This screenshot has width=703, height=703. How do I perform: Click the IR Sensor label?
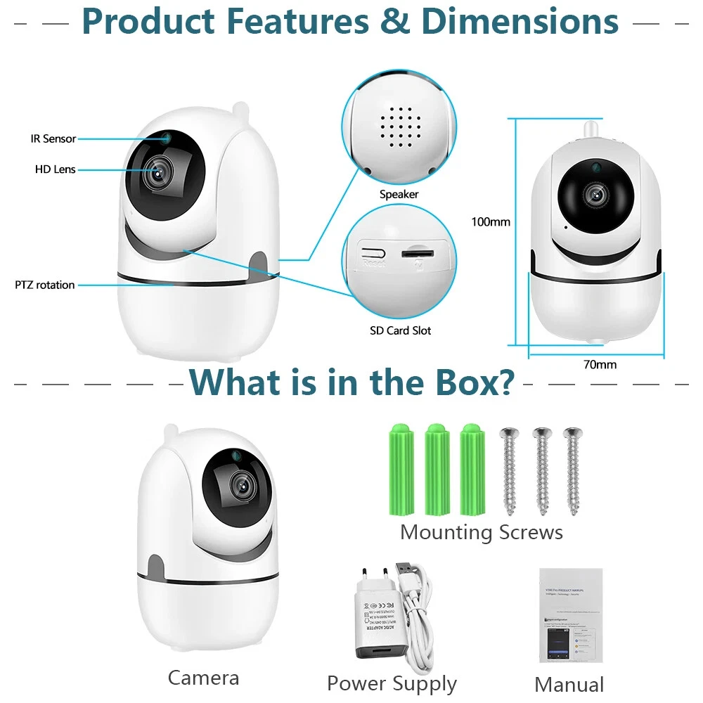[53, 138]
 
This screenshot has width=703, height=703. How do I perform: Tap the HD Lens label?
[55, 169]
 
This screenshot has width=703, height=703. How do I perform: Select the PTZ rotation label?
[45, 285]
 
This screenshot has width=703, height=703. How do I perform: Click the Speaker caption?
[399, 194]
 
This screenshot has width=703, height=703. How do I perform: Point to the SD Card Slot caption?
[400, 330]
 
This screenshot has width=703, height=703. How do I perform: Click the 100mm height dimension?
[491, 222]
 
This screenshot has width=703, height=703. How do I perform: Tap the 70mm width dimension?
[600, 364]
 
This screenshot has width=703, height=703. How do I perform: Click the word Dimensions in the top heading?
[520, 21]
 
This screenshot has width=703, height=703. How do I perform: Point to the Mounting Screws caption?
[482, 532]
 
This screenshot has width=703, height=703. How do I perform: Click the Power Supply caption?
[392, 683]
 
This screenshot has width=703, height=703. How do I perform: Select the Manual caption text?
[569, 685]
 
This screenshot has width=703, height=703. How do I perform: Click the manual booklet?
[570, 615]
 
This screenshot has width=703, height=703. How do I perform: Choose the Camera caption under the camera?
[203, 678]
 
